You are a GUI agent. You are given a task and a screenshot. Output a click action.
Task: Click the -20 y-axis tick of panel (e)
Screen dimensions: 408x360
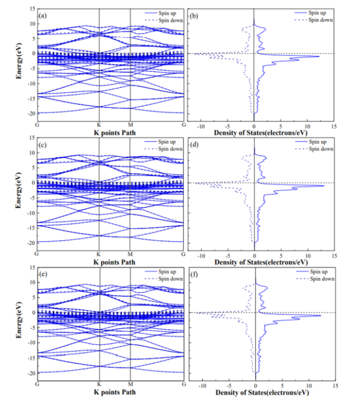[x=30, y=373]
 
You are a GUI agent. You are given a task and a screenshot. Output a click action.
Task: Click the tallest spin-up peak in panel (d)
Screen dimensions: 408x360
[x=323, y=185]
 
